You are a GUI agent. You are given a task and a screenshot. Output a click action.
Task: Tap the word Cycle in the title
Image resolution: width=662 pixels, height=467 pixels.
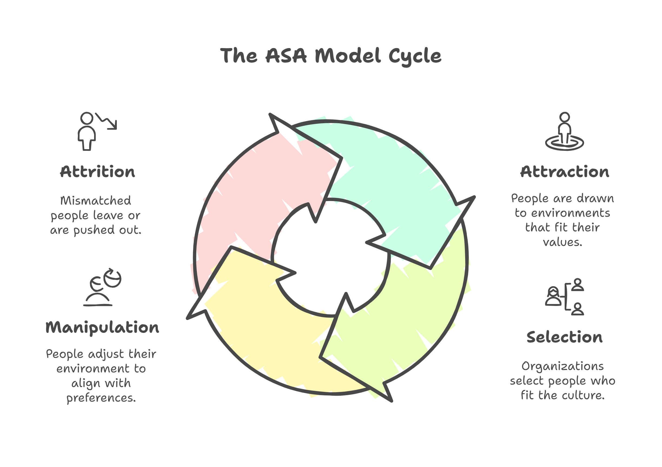(415, 56)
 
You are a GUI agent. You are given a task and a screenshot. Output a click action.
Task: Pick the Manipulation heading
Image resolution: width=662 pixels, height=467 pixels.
(102, 328)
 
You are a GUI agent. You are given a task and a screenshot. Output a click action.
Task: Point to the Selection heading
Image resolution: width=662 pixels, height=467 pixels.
(564, 337)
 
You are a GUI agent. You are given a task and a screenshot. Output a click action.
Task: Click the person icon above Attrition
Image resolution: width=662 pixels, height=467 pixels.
(87, 131)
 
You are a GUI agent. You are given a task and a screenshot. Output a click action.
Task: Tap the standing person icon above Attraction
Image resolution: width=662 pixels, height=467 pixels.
(564, 131)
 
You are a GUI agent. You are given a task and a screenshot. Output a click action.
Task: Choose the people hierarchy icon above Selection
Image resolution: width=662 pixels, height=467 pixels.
(564, 297)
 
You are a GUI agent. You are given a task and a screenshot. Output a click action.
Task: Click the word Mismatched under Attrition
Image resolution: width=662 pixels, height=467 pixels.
(95, 201)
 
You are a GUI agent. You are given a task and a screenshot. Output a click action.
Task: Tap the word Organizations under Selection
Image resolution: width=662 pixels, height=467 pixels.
(562, 366)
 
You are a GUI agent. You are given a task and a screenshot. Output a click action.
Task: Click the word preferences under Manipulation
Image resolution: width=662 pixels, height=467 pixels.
(101, 398)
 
